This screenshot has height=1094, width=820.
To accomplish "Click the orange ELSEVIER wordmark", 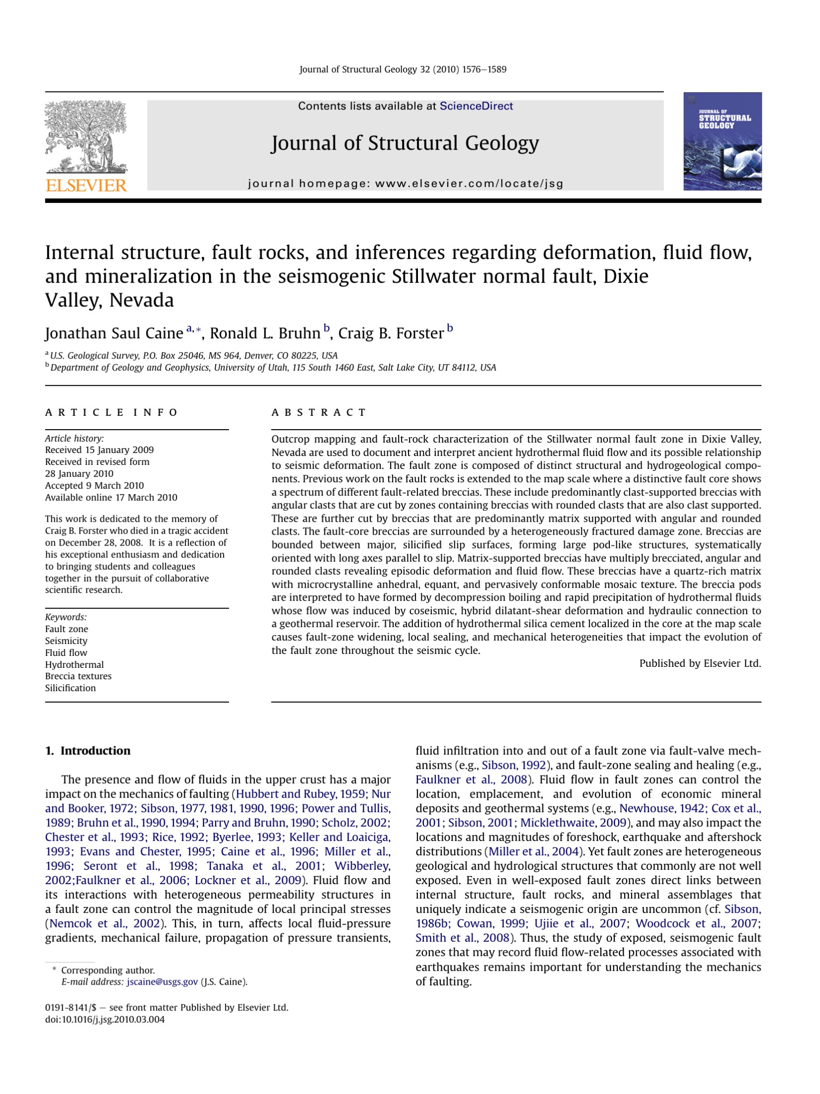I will tap(86, 185).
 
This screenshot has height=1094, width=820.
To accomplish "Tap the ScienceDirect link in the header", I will tap(476, 106).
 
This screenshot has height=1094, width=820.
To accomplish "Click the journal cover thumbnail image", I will tap(722, 141).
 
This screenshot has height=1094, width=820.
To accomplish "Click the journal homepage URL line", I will tap(405, 183).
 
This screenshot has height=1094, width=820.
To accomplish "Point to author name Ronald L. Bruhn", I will tap(265, 333).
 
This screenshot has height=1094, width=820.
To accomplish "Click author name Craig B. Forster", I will tap(391, 333).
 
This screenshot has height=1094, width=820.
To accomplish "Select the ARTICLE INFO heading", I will tap(111, 412).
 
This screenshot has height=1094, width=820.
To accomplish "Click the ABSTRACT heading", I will tap(319, 412).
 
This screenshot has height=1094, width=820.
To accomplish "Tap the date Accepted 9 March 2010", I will tap(94, 485).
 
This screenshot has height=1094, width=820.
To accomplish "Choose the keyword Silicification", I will tap(70, 688).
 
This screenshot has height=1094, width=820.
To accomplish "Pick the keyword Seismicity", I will tap(66, 641).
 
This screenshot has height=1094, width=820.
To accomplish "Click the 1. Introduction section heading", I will tap(87, 751).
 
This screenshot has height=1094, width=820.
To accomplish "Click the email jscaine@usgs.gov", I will tap(162, 982).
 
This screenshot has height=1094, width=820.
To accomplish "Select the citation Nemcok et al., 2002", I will tap(105, 924).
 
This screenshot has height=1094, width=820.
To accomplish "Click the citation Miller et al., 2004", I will tap(534, 852).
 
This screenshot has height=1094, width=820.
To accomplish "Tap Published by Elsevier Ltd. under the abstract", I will tap(700, 663).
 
